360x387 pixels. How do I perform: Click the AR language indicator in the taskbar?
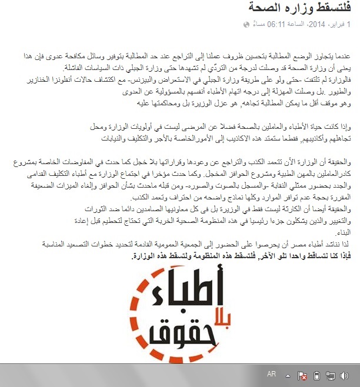(271, 374)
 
